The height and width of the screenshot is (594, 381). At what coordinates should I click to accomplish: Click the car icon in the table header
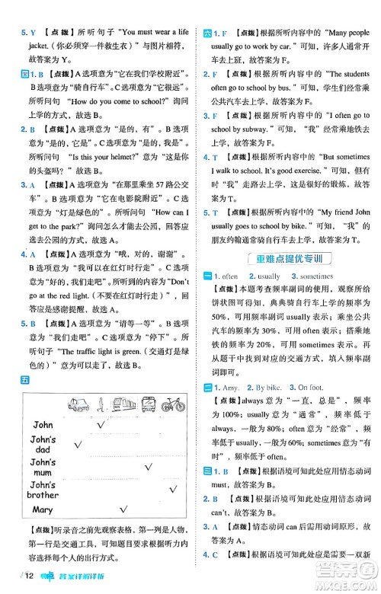[78, 404]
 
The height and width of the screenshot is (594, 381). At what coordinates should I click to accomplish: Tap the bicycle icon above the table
[172, 404]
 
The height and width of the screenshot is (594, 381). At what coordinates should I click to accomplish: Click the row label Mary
[43, 509]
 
